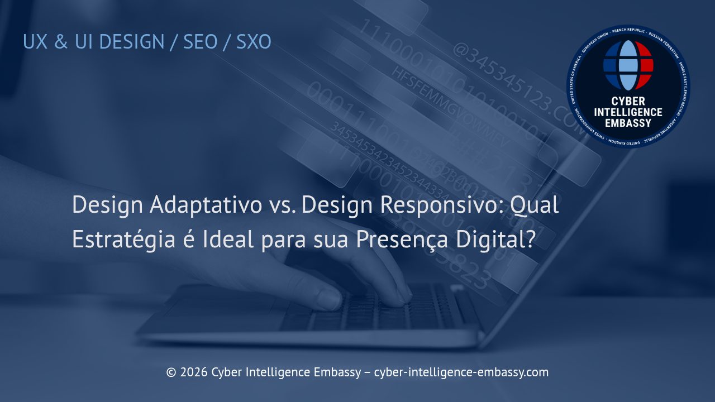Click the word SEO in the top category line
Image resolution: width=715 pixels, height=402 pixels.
[x=200, y=42]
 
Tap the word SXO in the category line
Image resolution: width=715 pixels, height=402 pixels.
[x=254, y=42]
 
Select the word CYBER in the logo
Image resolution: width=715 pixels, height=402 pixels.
[x=628, y=102]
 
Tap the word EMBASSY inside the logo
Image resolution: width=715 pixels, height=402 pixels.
[x=628, y=123]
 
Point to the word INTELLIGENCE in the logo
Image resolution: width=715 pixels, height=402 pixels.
[x=628, y=112]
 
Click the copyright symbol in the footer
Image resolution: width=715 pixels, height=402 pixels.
[x=171, y=372]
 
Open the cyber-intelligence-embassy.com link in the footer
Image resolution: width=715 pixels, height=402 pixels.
[x=461, y=372]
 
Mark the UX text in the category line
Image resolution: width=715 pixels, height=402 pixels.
[x=35, y=42]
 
